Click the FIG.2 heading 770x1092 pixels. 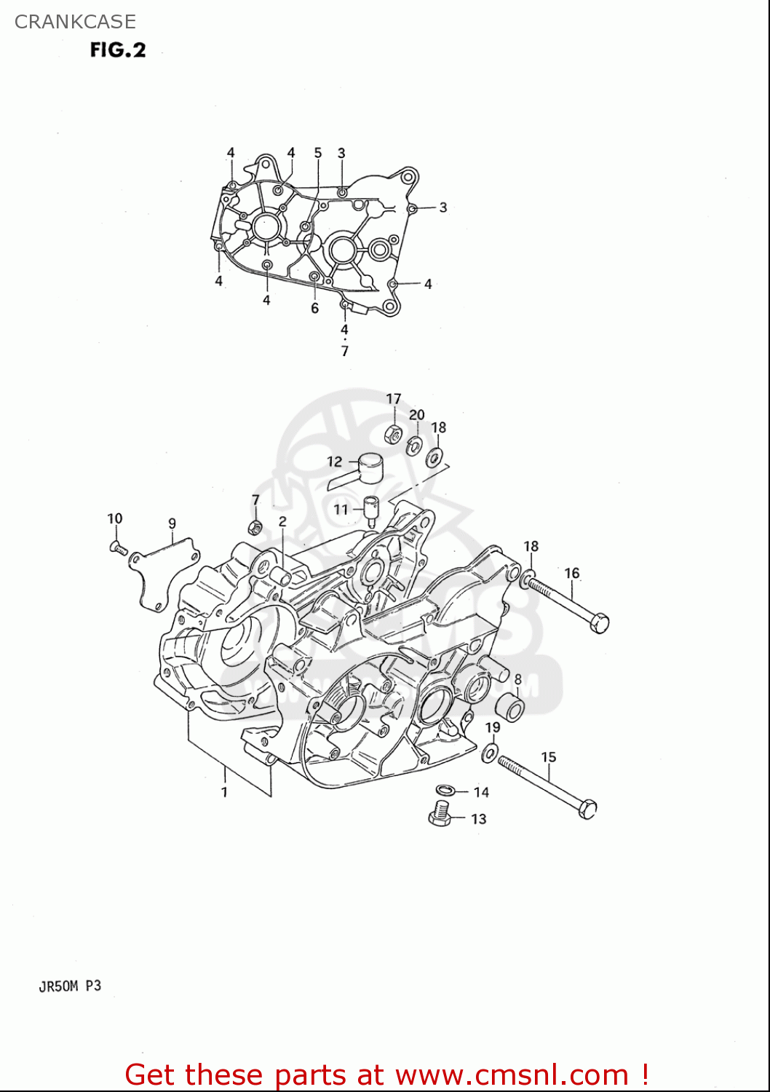[118, 50]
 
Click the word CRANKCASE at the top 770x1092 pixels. [75, 22]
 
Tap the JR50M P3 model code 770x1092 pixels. [70, 986]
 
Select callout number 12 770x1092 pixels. [334, 462]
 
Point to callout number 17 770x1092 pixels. [393, 399]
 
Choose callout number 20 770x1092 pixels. [416, 415]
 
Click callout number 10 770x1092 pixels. [115, 518]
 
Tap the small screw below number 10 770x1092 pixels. [118, 547]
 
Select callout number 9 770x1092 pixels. [172, 523]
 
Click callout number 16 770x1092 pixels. [572, 574]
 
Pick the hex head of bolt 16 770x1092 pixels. [599, 623]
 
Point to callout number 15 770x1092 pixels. [548, 757]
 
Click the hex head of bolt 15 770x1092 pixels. [587, 809]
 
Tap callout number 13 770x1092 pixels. [478, 819]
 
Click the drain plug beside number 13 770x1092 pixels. [439, 813]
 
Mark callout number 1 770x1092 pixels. [224, 792]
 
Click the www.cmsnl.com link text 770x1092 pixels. [512, 1075]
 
